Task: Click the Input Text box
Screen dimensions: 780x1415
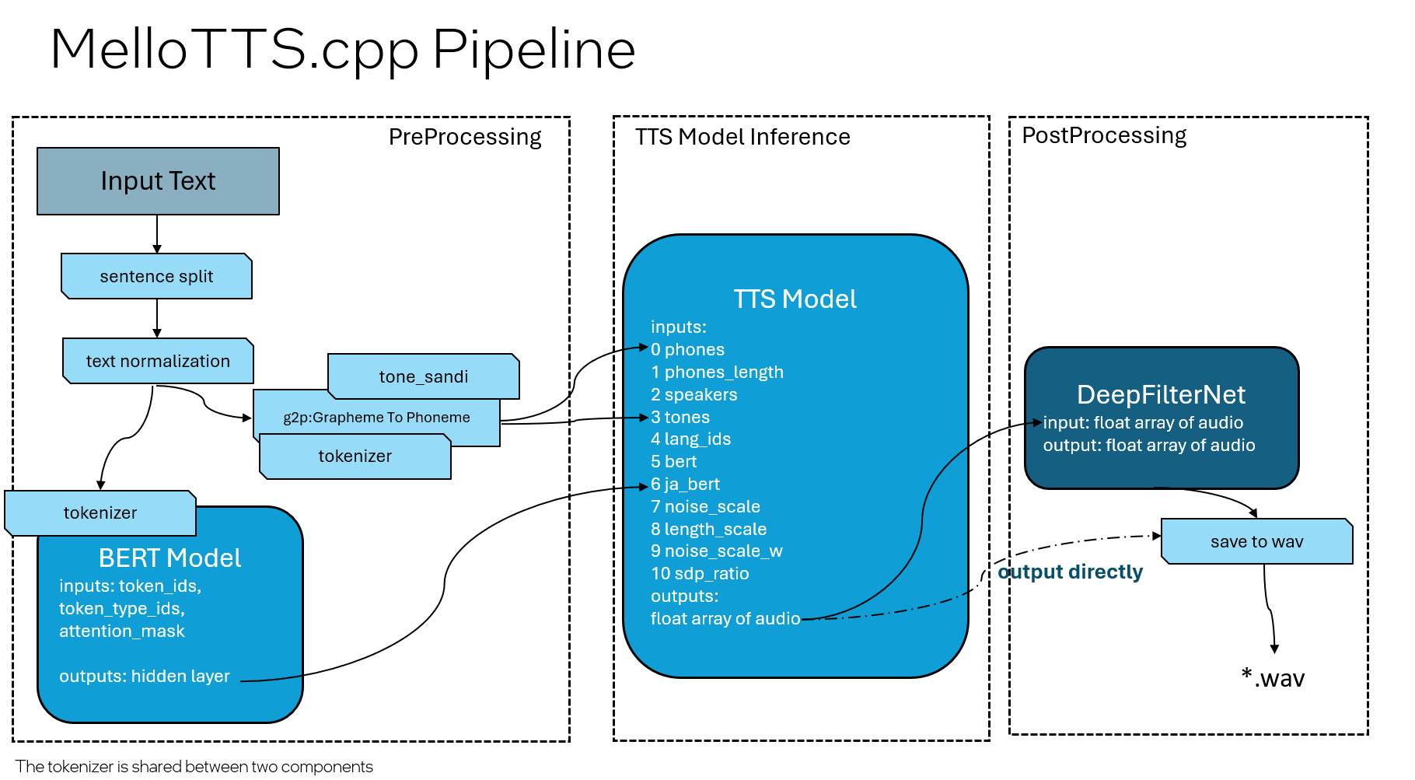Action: (x=158, y=181)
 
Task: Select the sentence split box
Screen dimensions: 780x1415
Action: (x=156, y=277)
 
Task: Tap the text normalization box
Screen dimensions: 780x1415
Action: (x=158, y=362)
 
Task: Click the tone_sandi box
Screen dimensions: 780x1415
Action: (x=424, y=377)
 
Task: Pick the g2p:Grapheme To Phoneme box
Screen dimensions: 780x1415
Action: (x=376, y=418)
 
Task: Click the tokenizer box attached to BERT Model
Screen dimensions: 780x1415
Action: (x=100, y=513)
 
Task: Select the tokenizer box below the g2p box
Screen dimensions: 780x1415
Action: (x=355, y=456)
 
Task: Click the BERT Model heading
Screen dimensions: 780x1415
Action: (x=169, y=558)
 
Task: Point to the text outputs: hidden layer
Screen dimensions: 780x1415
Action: (x=145, y=677)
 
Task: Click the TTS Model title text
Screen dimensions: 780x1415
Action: (x=795, y=299)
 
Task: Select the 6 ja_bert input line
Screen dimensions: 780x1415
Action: (x=685, y=484)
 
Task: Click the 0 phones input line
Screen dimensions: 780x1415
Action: (x=687, y=350)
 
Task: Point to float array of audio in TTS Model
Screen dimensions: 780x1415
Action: (x=725, y=619)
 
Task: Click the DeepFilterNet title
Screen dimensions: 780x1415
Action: (x=1161, y=395)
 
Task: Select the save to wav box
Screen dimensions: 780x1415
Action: (x=1256, y=542)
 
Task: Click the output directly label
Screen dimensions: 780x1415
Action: (x=1070, y=572)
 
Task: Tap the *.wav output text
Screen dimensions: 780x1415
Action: (x=1273, y=678)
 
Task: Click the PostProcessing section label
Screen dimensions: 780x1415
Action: (x=1103, y=135)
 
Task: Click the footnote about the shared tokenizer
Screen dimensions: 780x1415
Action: (x=194, y=767)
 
